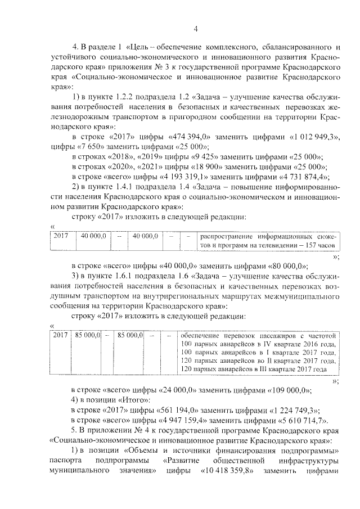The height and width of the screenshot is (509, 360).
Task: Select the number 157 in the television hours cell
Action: pos(309,246)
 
